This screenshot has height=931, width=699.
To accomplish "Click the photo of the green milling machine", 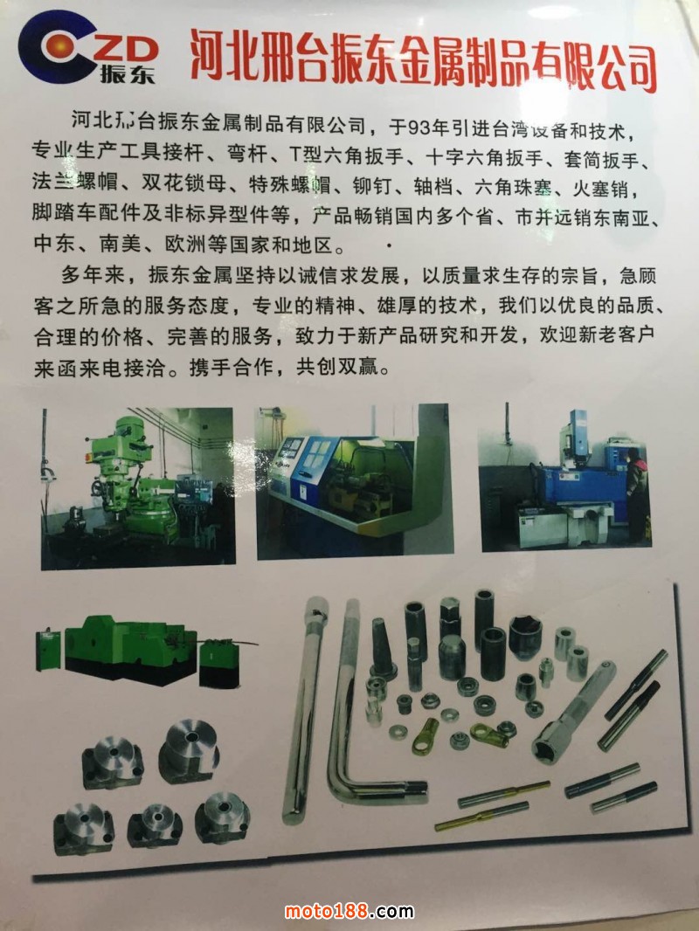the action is [x=138, y=487].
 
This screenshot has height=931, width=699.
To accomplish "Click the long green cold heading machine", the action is [x=140, y=651].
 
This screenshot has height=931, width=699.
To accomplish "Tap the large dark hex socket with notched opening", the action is [x=526, y=637].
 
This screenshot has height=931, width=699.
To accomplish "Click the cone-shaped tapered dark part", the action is [x=382, y=648].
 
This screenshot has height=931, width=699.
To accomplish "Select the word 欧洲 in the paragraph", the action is [x=177, y=244].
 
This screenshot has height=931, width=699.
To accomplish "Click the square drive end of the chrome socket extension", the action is [x=606, y=670].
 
